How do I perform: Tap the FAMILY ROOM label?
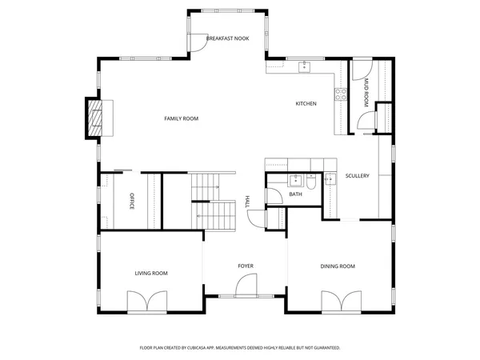(x=181, y=118)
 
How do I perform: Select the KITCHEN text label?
(x=306, y=104)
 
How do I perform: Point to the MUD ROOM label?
(x=365, y=92)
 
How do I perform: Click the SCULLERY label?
(x=357, y=176)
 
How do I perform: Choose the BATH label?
(x=295, y=194)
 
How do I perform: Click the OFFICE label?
(x=131, y=202)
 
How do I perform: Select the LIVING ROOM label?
(x=150, y=274)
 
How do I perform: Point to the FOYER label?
(x=245, y=266)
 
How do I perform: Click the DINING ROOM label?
(x=338, y=266)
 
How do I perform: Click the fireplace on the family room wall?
(x=97, y=118)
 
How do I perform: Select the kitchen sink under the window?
(x=305, y=67)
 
